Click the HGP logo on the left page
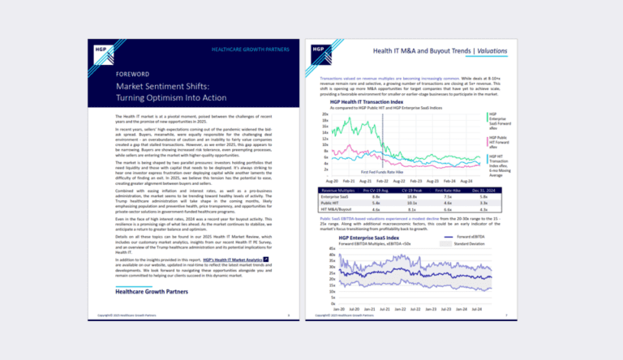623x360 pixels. pos(101,48)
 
